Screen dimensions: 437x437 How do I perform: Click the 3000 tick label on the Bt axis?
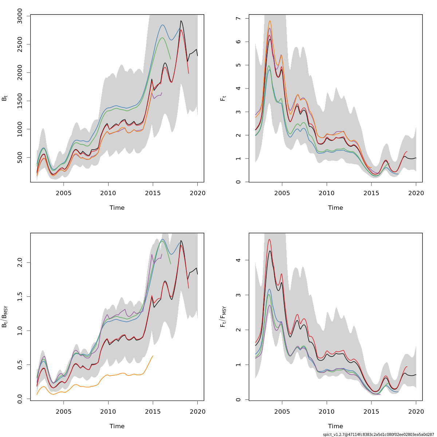(20, 16)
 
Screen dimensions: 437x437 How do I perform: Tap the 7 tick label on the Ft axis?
(238, 18)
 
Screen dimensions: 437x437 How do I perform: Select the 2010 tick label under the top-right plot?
(327, 193)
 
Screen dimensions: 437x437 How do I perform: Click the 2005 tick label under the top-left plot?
(64, 193)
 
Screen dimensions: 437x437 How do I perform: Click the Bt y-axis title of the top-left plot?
(5, 98)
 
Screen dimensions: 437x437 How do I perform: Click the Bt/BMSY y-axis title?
(5, 317)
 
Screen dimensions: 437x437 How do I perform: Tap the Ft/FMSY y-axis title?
(223, 317)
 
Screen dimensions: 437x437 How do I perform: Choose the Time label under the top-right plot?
(335, 208)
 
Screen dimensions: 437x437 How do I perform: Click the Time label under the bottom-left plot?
(117, 426)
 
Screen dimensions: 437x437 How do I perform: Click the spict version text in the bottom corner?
(378, 434)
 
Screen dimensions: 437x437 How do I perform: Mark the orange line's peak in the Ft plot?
(270, 21)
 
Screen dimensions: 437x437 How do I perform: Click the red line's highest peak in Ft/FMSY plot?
(269, 239)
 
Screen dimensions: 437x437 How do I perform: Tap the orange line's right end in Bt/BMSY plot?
(153, 356)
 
